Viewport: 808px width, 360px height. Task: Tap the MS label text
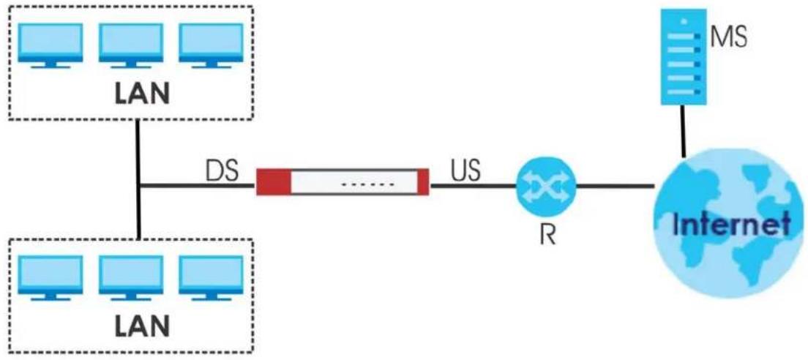729,37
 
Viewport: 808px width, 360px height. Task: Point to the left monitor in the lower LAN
50,278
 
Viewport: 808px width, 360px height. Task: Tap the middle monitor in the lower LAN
130,278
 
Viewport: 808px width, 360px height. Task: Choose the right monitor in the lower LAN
211,278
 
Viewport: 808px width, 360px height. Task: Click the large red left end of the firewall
274,182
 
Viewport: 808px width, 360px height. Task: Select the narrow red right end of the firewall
423,182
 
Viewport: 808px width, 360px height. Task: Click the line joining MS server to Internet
682,131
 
